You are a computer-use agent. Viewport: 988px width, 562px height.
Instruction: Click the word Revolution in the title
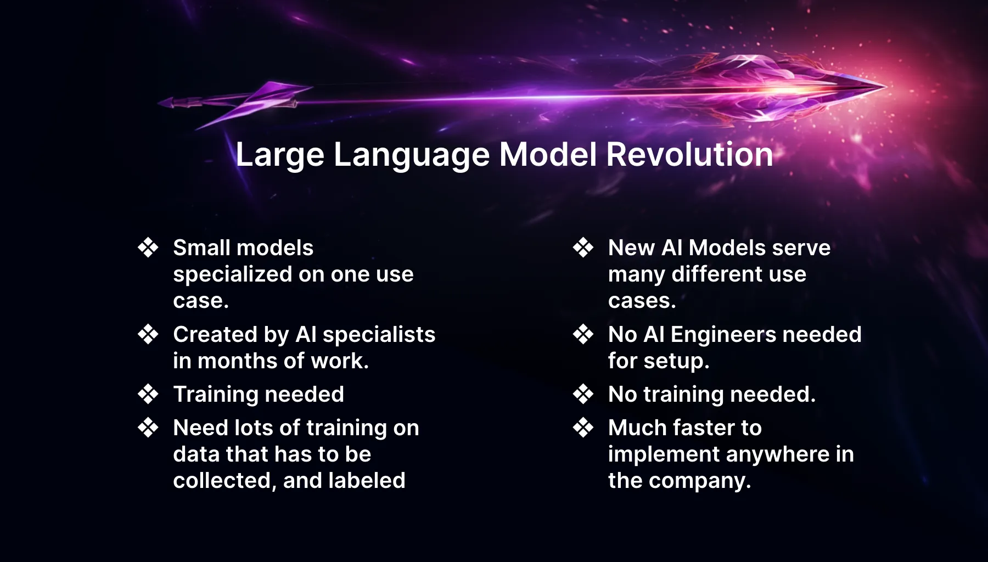coord(689,155)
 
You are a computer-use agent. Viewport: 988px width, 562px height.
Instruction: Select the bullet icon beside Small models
coord(148,248)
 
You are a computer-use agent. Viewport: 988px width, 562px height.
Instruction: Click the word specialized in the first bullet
coord(232,274)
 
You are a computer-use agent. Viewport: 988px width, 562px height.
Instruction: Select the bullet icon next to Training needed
coord(148,394)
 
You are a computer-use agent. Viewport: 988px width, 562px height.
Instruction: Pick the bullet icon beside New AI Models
coord(583,248)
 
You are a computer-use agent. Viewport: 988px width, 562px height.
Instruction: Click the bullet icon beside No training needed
coord(583,394)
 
